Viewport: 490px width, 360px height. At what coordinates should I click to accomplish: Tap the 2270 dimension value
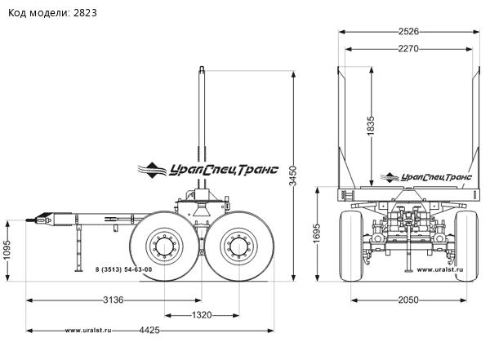[408, 49]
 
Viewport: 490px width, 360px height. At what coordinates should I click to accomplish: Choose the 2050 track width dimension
[408, 300]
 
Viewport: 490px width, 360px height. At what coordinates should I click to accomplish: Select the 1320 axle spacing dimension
[202, 315]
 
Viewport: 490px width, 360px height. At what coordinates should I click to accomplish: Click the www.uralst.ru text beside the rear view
[442, 269]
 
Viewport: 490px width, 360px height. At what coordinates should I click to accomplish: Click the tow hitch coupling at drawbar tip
[38, 219]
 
